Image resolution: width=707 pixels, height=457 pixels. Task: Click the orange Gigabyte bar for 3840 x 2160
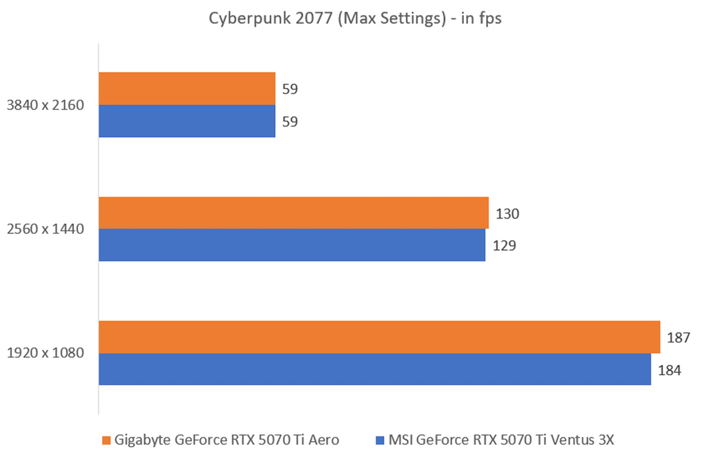(x=187, y=88)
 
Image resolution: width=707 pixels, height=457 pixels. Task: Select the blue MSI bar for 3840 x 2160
(x=187, y=121)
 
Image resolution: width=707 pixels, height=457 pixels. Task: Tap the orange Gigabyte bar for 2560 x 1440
(x=293, y=213)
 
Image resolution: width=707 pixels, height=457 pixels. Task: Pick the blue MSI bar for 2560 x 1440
(x=292, y=245)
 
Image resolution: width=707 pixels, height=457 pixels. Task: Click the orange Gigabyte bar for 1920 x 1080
(x=379, y=337)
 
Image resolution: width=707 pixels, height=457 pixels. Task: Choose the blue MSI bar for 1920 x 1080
(x=374, y=369)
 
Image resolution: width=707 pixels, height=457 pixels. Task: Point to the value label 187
(x=678, y=338)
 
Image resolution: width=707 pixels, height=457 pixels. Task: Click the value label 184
(x=669, y=370)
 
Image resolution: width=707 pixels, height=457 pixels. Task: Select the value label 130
(x=507, y=214)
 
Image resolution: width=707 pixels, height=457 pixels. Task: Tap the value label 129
(x=504, y=245)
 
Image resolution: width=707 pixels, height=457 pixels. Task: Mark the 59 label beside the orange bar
(x=290, y=89)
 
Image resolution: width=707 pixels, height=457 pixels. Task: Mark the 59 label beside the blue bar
(x=290, y=122)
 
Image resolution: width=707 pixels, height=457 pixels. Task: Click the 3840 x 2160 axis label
(x=45, y=105)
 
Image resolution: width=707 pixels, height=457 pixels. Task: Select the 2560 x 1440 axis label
(x=45, y=229)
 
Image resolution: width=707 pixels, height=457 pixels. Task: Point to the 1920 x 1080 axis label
(x=45, y=353)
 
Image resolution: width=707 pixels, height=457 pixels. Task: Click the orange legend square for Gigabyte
(x=106, y=440)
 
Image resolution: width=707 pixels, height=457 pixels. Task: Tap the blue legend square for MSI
(x=380, y=440)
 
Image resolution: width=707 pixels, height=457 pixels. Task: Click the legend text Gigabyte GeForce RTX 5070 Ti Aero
(x=226, y=440)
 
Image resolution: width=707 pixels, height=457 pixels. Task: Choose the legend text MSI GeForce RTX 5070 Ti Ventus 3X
(x=501, y=440)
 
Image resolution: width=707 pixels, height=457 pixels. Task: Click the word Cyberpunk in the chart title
(x=249, y=18)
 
